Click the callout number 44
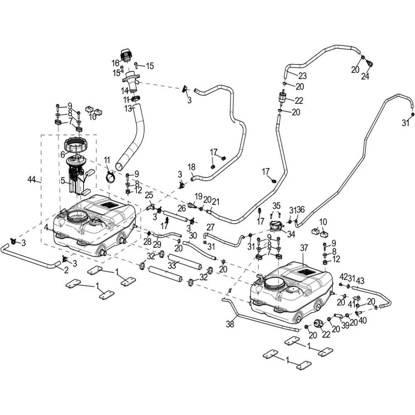31,179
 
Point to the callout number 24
365,76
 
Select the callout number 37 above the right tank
304,248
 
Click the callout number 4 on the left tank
47,227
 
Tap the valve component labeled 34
276,227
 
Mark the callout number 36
301,210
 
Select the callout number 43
360,281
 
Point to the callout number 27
210,227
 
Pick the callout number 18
191,167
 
